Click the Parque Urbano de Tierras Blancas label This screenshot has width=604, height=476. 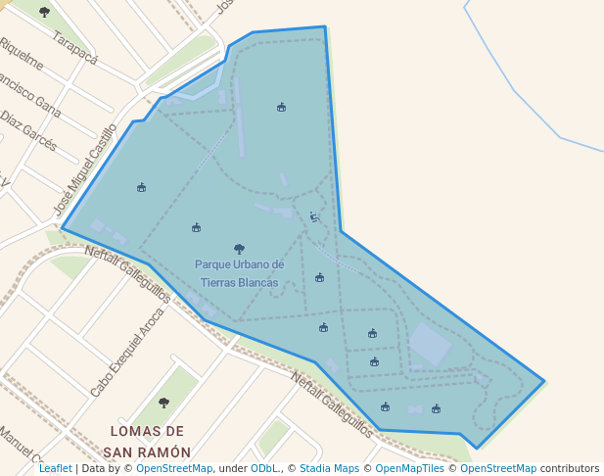click(x=239, y=273)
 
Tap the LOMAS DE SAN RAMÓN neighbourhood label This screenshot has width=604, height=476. click(x=147, y=442)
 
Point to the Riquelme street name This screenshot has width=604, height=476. click(x=22, y=55)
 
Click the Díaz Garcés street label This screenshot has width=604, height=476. click(x=28, y=130)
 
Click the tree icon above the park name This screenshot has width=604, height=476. click(x=239, y=249)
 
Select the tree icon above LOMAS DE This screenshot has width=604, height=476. click(x=163, y=403)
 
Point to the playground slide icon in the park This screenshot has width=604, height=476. click(x=313, y=216)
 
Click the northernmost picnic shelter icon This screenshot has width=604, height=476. click(x=281, y=107)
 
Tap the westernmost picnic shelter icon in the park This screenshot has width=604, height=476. click(x=141, y=187)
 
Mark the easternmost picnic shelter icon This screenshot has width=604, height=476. click(x=436, y=408)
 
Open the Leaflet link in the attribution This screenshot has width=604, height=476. click(x=55, y=468)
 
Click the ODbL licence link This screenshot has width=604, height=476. click(x=263, y=468)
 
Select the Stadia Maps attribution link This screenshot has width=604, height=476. click(x=328, y=468)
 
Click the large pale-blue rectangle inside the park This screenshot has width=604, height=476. click(x=430, y=344)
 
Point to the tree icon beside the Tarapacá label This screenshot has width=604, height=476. click(x=44, y=12)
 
